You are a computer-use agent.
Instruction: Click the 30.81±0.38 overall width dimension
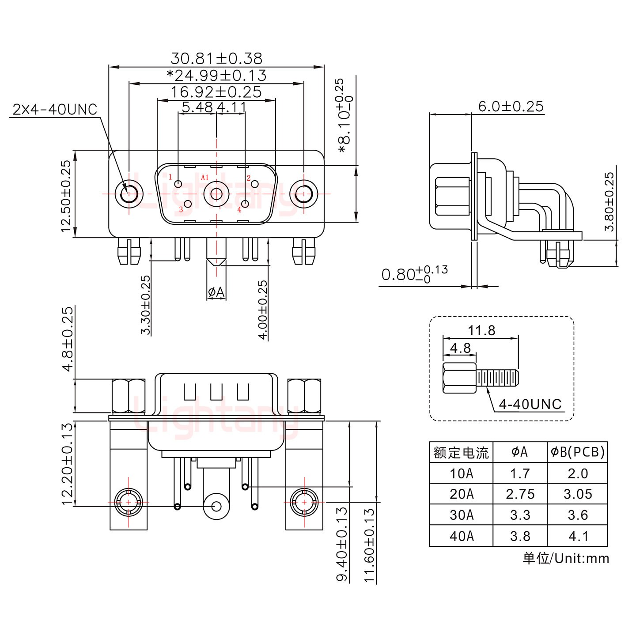click(x=216, y=58)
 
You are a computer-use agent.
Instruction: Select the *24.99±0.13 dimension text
click(x=216, y=76)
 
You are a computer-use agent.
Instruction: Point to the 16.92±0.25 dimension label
click(x=216, y=92)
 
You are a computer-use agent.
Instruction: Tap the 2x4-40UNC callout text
click(x=55, y=109)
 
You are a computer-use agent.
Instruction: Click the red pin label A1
click(x=204, y=178)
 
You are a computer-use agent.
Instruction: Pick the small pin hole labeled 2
click(x=254, y=184)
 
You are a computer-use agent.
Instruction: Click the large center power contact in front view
click(x=216, y=194)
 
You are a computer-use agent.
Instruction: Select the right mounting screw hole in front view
click(x=303, y=194)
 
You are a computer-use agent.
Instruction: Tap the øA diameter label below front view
click(x=216, y=292)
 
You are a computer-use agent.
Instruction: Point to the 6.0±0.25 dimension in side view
click(x=511, y=106)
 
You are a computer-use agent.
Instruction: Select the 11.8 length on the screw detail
click(x=481, y=330)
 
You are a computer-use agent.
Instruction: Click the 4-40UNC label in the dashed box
click(x=530, y=404)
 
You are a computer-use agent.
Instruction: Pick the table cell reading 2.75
click(x=520, y=494)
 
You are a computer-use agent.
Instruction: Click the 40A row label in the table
click(x=461, y=536)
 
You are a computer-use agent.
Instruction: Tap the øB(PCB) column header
click(x=577, y=452)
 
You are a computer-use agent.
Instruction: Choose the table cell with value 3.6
click(x=577, y=515)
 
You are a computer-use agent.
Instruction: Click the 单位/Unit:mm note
click(x=566, y=558)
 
